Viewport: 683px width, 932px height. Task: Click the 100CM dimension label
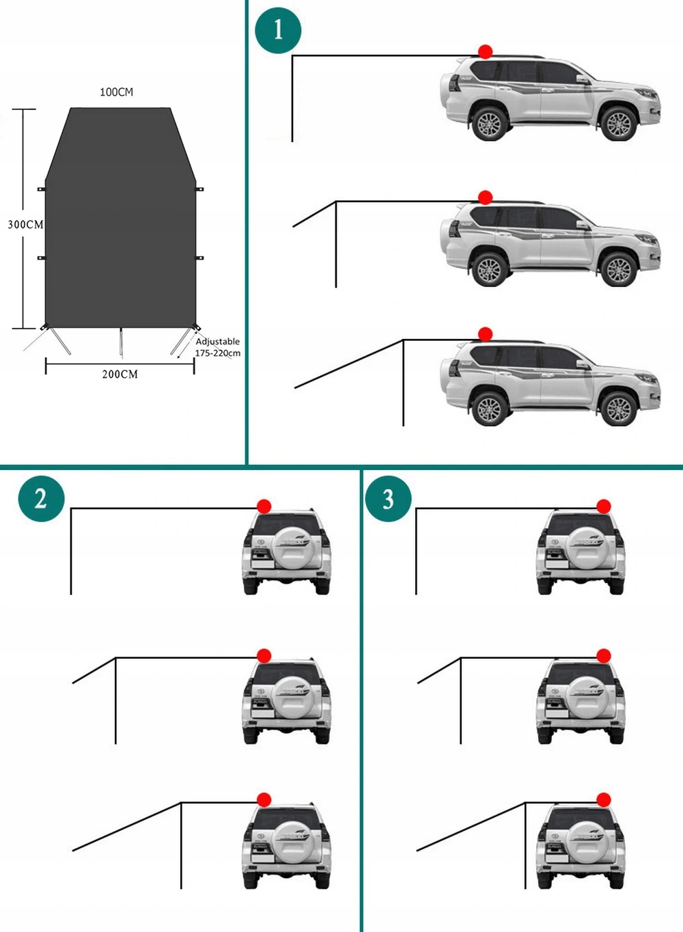click(117, 92)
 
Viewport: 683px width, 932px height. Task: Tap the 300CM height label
click(26, 225)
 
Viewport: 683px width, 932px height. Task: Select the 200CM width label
click(120, 374)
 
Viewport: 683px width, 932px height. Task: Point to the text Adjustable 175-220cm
click(218, 347)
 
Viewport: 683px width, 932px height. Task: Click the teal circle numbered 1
click(278, 30)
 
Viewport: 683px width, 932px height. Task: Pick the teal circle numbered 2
click(41, 498)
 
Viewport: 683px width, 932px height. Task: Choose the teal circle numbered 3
click(388, 498)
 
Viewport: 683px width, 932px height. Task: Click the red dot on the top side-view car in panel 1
click(486, 52)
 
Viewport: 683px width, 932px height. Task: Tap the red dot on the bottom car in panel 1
click(486, 334)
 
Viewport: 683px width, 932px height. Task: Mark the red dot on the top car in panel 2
click(264, 506)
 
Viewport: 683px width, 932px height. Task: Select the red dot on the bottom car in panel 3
click(604, 799)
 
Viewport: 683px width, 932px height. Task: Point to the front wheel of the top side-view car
click(619, 124)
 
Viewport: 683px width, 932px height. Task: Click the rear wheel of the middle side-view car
click(490, 270)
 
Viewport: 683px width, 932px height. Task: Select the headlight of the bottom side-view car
click(647, 379)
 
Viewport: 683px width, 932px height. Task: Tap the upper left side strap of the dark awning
click(42, 189)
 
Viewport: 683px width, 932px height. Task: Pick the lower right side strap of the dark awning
click(199, 258)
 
